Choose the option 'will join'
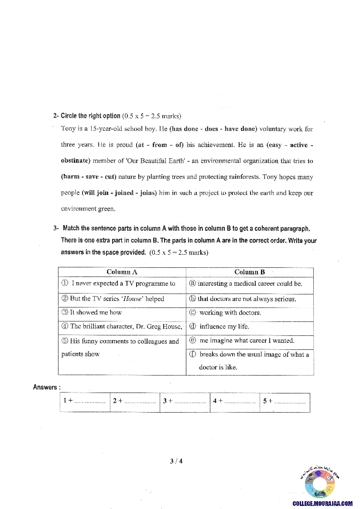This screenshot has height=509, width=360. click(96, 193)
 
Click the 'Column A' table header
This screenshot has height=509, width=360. click(122, 272)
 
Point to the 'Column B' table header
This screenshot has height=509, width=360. click(250, 272)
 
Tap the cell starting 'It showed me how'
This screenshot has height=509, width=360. click(96, 313)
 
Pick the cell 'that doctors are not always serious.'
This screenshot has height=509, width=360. click(247, 299)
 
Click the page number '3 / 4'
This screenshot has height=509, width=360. click(176, 461)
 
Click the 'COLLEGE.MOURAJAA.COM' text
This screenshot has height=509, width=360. click(322, 503)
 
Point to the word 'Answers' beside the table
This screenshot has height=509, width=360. click(45, 387)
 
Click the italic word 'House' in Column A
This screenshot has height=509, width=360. click(131, 299)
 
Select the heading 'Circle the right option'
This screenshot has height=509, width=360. click(90, 116)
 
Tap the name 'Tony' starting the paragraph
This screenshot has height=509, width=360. click(68, 129)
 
